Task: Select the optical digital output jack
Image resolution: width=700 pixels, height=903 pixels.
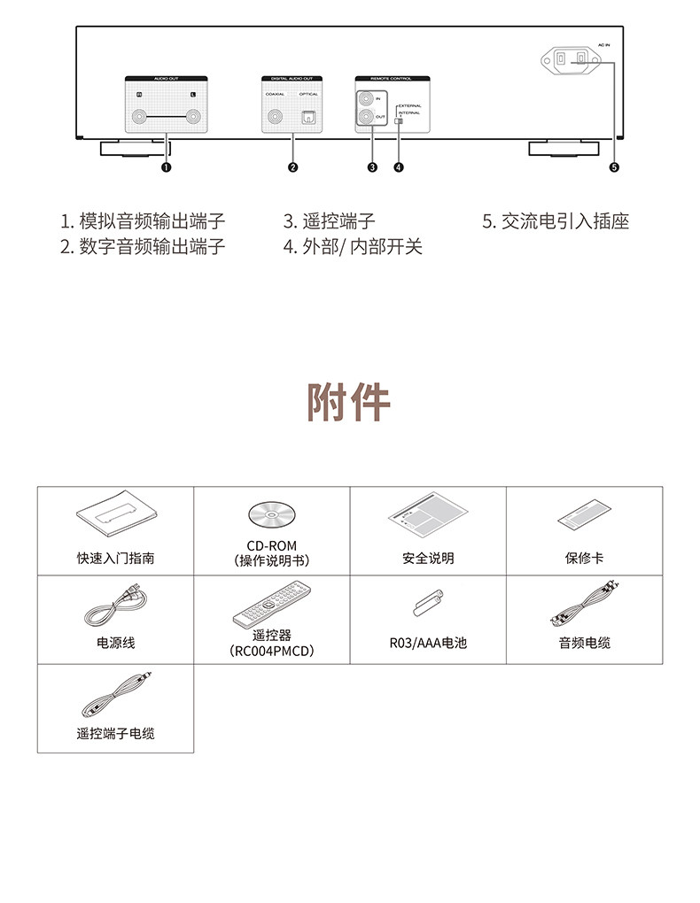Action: (307, 117)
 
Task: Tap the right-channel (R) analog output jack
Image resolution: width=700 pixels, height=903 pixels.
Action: (138, 117)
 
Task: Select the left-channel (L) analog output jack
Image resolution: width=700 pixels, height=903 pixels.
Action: (193, 117)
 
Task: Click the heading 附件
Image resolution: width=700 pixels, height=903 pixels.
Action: (349, 403)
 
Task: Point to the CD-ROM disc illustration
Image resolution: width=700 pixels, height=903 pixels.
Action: (271, 515)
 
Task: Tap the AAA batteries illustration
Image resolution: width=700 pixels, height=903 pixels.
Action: (428, 605)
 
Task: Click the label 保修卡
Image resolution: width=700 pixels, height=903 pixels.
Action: (584, 559)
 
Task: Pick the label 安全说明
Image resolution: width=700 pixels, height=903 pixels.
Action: (428, 559)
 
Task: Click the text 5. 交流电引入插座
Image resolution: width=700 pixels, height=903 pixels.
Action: (556, 221)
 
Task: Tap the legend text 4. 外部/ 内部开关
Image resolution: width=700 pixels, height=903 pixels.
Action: (353, 246)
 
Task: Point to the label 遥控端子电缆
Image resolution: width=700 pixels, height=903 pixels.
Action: (115, 733)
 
